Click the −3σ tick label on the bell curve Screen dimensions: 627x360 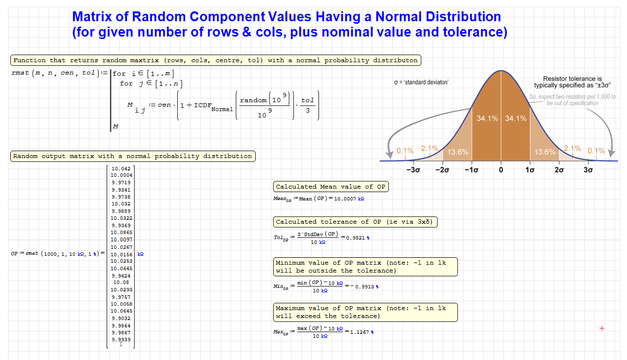[x=413, y=170]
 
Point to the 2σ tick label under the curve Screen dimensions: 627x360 [x=559, y=170]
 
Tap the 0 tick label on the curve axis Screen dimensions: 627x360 [x=501, y=170]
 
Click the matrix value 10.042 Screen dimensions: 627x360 [x=121, y=168]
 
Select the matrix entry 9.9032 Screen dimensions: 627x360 [x=121, y=319]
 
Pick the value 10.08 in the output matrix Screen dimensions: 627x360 [x=121, y=282]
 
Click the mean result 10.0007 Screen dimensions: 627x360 [x=345, y=199]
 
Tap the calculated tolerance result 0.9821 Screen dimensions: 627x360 [x=355, y=238]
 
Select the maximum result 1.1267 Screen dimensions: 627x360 [x=359, y=332]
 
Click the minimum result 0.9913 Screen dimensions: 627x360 [x=364, y=286]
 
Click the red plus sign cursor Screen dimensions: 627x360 [x=602, y=328]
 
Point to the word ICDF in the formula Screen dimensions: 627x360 [x=202, y=105]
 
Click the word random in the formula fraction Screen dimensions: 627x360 [x=253, y=100]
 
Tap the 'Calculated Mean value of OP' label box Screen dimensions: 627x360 [x=331, y=187]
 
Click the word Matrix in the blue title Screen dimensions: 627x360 [x=92, y=16]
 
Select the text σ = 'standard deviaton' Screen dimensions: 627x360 [x=421, y=82]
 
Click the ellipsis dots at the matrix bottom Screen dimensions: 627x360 [x=121, y=344]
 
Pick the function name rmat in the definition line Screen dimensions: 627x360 [x=20, y=73]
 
